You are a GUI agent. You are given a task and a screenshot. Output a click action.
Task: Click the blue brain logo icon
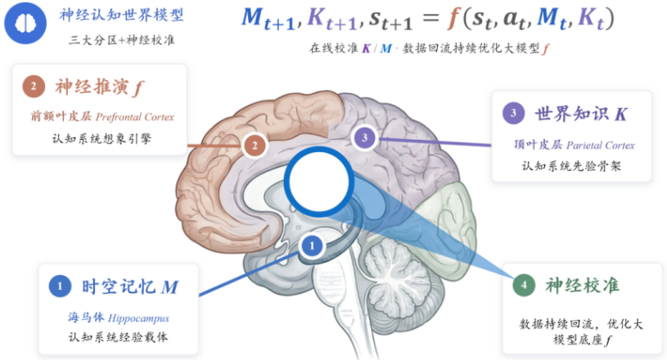point(25,23)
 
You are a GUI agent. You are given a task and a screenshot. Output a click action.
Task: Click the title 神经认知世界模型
point(122,16)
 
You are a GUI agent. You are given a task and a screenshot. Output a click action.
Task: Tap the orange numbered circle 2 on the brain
point(255,146)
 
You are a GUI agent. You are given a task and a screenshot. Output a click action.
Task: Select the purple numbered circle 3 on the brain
point(364,137)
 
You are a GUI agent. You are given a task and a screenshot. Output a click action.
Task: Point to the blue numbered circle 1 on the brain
point(312,245)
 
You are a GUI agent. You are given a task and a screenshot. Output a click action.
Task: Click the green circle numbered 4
point(524,286)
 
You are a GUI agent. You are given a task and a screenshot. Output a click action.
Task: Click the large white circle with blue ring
point(319,182)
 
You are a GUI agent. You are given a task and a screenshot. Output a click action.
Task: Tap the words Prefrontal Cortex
point(135,117)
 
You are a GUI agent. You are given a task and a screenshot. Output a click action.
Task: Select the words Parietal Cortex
point(601,146)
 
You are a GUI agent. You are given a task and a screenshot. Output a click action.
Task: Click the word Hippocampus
point(138,318)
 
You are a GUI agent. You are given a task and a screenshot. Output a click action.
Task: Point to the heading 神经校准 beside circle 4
point(583,286)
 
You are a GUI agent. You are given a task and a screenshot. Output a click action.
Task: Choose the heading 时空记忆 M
point(130,287)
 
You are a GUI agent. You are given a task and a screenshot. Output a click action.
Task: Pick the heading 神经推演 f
point(100,87)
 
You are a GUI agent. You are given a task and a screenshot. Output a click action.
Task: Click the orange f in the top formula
point(453,18)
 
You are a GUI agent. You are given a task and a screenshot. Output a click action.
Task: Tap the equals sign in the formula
point(430,18)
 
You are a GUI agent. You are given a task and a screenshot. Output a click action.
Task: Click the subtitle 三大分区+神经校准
point(122,40)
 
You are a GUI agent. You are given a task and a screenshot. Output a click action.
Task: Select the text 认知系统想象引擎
point(101,138)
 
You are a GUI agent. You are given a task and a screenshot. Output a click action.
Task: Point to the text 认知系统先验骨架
point(572,166)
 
